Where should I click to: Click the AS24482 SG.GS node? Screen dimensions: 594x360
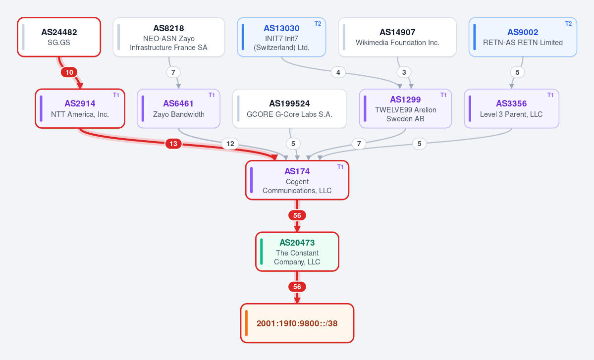[x=59, y=37]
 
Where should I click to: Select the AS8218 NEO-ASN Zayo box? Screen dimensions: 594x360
[x=169, y=37]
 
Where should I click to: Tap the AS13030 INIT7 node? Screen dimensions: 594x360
[x=281, y=37]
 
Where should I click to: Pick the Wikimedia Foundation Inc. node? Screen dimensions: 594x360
[x=397, y=37]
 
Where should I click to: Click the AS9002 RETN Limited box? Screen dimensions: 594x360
[x=523, y=37]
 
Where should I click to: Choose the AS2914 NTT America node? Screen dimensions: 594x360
[x=80, y=108]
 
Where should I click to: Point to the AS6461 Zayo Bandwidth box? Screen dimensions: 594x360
[x=178, y=108]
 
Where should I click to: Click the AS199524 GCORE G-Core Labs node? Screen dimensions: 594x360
[x=289, y=108]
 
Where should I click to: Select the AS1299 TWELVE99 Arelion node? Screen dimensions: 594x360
[x=405, y=108]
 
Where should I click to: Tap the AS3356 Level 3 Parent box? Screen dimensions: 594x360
[x=511, y=108]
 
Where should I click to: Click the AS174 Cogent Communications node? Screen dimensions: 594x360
[x=297, y=180]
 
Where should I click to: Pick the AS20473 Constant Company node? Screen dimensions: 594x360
[x=297, y=252]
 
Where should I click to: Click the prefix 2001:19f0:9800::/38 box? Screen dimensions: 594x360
[x=297, y=323]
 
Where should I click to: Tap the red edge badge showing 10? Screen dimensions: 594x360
[x=69, y=72]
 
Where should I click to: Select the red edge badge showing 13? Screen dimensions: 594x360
[x=173, y=144]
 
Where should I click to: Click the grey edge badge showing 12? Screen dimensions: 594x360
[x=230, y=144]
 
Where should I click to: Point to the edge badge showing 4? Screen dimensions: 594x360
[x=338, y=72]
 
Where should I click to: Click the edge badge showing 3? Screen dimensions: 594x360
[x=404, y=72]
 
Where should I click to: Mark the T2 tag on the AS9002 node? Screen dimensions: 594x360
[x=569, y=24]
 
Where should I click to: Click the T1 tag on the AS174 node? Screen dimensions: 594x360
[x=340, y=167]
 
